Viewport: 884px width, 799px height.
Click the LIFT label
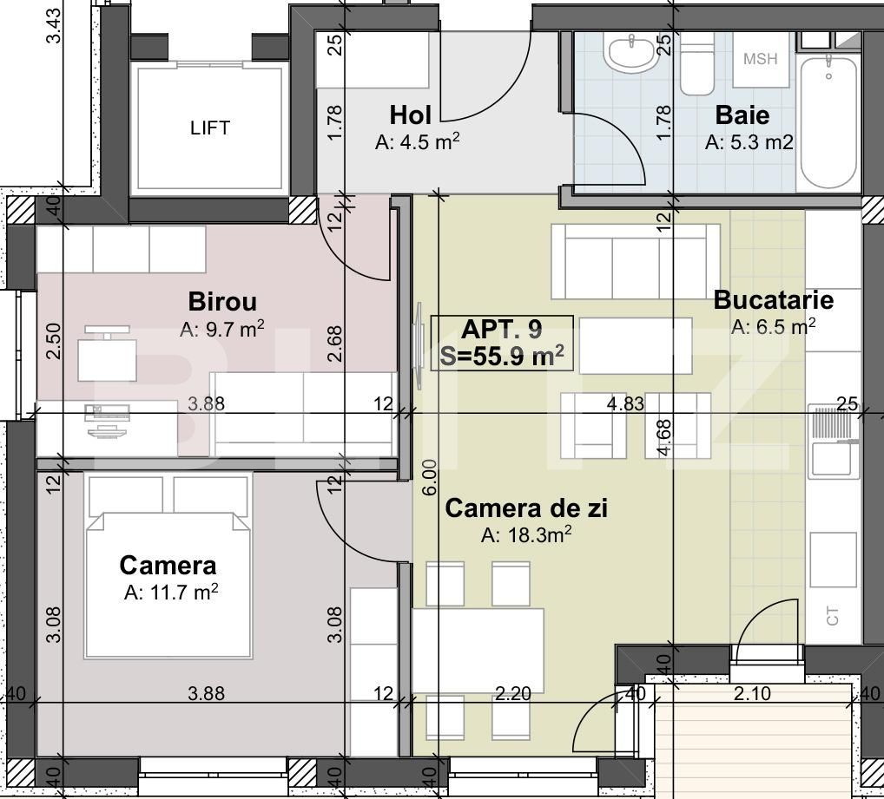210,128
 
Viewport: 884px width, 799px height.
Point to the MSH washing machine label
760,59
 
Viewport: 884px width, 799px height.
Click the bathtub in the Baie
828,122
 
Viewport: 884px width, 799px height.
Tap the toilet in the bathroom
697,63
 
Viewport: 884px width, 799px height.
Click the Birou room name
222,301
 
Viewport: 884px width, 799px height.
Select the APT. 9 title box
502,343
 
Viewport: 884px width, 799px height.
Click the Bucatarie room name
774,299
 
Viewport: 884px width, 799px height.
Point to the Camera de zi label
526,508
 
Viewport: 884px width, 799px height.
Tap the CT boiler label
832,616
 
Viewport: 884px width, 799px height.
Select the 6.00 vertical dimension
429,477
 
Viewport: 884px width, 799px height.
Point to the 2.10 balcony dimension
752,693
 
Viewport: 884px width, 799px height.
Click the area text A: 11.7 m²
171,593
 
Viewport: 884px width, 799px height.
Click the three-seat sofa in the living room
636,261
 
